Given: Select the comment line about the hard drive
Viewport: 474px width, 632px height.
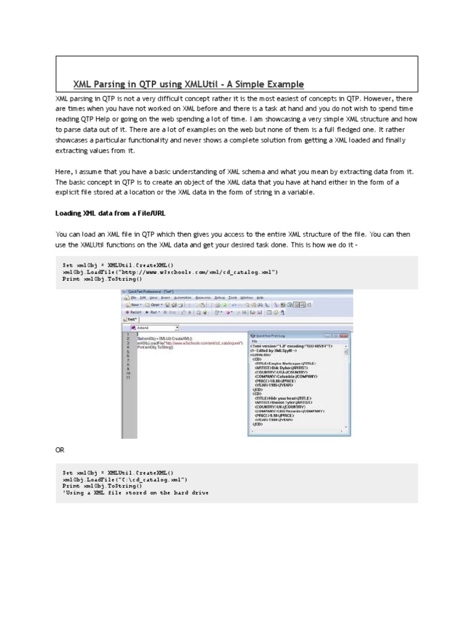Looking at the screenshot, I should tap(135, 493).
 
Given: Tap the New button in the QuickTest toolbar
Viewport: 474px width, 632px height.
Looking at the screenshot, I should tap(132, 304).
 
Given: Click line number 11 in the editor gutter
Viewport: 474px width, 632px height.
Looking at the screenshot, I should tap(128, 377).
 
